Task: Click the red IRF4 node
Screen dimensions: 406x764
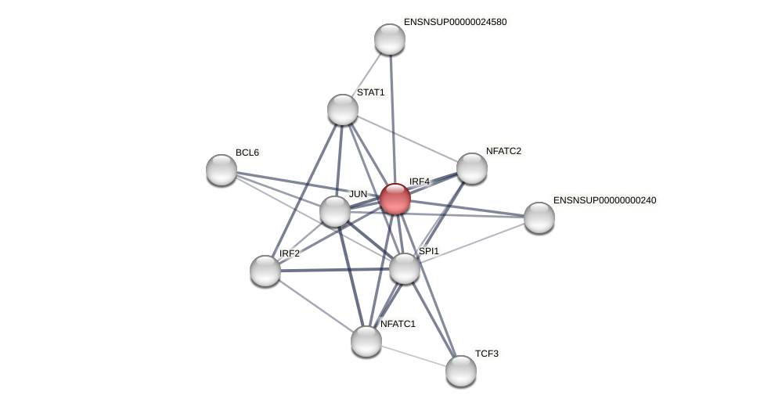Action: point(395,199)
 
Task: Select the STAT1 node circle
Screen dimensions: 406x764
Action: point(343,110)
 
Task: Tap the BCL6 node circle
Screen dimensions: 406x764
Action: point(222,170)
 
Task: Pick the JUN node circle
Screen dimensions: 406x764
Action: point(335,211)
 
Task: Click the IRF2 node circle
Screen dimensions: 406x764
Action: point(265,271)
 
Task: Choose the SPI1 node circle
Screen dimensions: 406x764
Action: point(405,268)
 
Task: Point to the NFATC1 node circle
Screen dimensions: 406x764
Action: point(366,341)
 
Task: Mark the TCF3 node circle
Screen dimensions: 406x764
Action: point(461,371)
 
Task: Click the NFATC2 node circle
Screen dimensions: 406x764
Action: point(472,168)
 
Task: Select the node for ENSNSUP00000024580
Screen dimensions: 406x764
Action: point(390,39)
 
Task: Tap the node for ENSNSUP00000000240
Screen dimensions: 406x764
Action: point(539,217)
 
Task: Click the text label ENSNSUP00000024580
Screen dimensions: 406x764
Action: point(455,22)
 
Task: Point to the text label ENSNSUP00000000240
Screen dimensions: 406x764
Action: point(604,200)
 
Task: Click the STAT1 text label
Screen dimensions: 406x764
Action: point(370,92)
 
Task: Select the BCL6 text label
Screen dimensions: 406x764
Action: point(247,153)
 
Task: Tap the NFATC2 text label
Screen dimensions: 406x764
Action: point(503,151)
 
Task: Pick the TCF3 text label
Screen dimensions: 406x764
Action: point(486,354)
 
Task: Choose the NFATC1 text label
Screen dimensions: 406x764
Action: point(398,323)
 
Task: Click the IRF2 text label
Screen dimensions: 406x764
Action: point(289,253)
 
